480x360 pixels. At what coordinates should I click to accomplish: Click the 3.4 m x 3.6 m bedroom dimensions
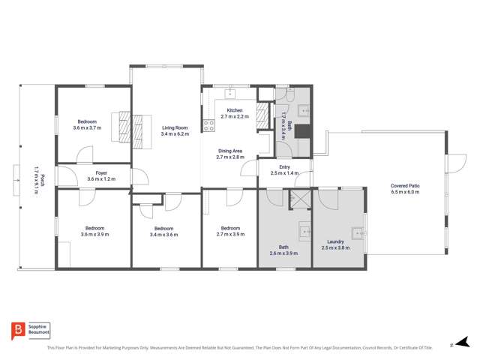coord(164,234)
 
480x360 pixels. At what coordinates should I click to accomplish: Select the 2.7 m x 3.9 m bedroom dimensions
coord(229,234)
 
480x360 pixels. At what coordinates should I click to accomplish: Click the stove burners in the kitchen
coord(205,127)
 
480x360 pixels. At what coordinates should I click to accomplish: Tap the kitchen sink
coord(231,95)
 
